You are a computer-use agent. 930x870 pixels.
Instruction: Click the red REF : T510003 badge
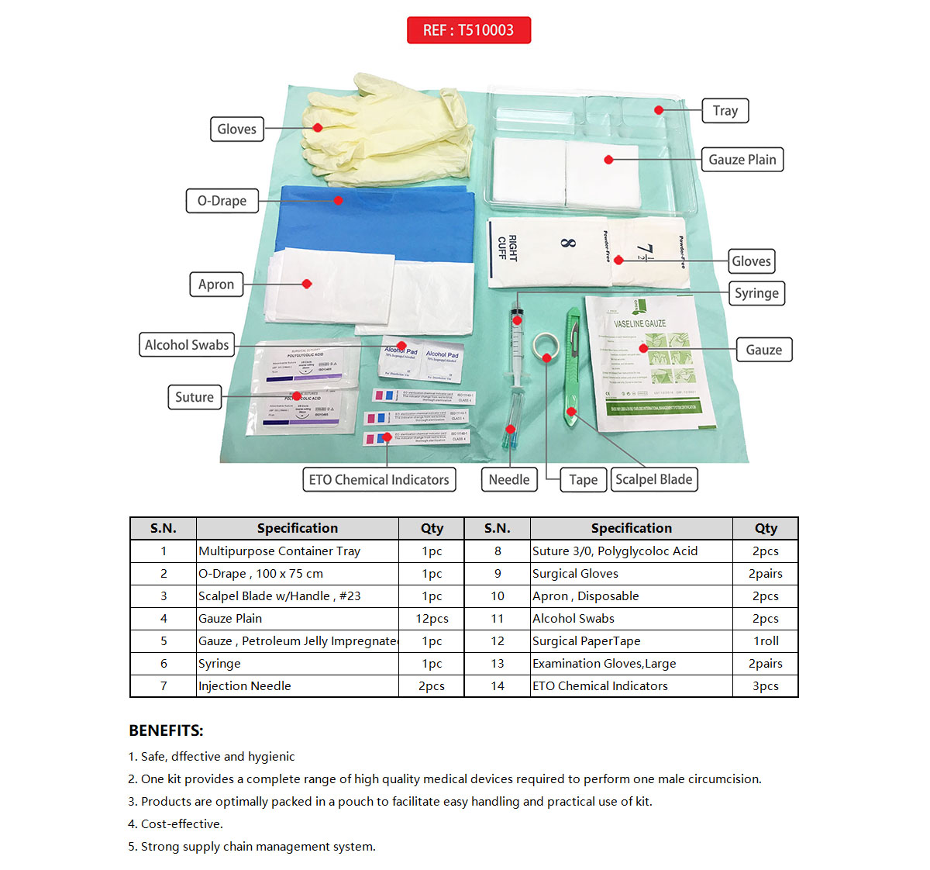(468, 30)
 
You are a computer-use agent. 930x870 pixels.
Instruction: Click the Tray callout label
(725, 110)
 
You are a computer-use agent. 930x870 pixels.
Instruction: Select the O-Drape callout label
(222, 201)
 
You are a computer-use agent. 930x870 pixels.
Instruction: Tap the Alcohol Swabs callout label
(187, 345)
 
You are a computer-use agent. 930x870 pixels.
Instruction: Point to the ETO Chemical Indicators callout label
(378, 480)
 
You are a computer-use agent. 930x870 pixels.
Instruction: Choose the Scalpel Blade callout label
(653, 479)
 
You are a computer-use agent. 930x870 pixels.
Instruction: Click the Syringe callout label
(756, 293)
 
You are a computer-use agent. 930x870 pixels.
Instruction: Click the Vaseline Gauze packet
(649, 364)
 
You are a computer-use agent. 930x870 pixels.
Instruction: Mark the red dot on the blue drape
(338, 200)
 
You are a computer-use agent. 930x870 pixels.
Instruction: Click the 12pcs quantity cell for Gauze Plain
(432, 619)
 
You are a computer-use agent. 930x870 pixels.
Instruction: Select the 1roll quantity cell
(765, 641)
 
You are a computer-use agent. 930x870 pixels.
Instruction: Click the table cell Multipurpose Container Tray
(279, 551)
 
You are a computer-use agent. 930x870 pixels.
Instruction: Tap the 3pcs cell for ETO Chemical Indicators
(765, 686)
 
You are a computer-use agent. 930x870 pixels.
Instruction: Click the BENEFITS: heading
(166, 730)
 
